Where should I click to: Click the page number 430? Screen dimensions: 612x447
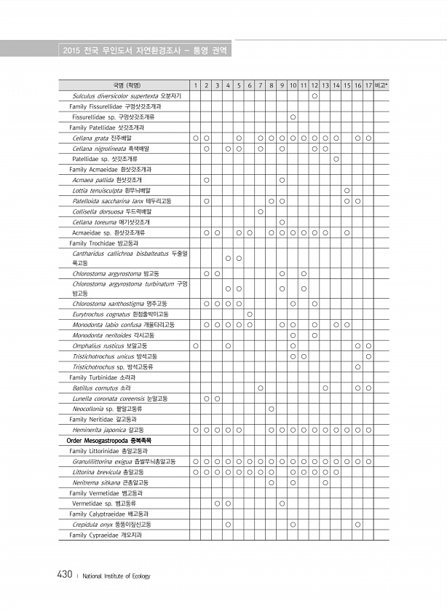[x=63, y=576]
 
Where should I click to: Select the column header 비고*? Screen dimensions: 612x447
[x=381, y=85]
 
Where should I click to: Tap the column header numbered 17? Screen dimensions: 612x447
[x=368, y=85]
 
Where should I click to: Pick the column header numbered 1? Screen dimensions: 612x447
[x=195, y=85]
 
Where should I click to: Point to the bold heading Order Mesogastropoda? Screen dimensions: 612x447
[x=108, y=441]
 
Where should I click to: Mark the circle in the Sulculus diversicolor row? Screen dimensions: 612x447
[x=314, y=95]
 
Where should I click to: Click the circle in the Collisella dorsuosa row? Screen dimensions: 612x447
[x=260, y=211]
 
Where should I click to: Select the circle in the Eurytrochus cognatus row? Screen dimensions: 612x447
[x=250, y=314]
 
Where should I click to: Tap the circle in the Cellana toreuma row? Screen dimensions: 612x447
[x=282, y=221]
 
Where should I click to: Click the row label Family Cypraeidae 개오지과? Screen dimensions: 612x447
[x=106, y=535]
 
